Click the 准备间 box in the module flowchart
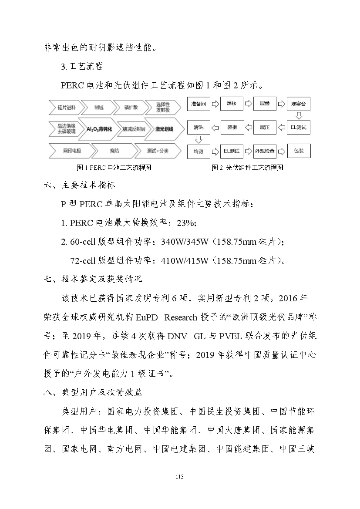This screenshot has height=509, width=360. (198, 104)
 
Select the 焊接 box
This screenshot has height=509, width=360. (232, 104)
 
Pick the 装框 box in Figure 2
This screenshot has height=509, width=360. (232, 128)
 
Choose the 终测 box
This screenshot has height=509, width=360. (198, 151)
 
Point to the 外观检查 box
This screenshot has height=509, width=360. (265, 151)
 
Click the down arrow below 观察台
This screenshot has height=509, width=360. (299, 116)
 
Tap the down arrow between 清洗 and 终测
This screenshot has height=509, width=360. (198, 139)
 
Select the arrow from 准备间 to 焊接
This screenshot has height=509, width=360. (215, 104)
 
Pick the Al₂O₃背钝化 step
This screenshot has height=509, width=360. (99, 129)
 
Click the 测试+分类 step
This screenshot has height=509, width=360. (158, 151)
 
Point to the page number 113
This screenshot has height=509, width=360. (179, 477)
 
